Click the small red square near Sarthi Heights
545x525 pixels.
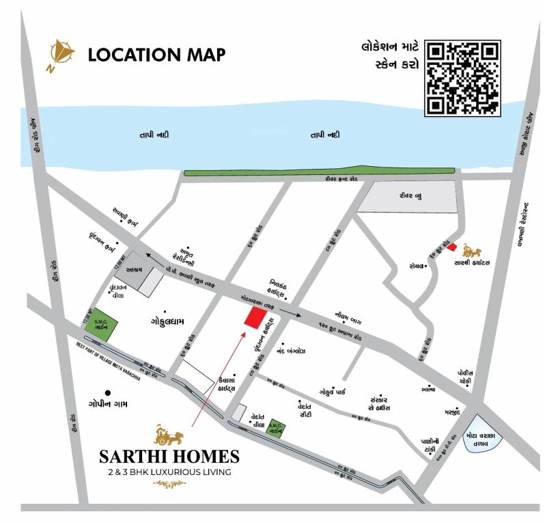[451, 246]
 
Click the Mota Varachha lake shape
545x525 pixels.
[486, 434]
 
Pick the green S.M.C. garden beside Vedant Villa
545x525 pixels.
[276, 428]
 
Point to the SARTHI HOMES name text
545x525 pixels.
[169, 456]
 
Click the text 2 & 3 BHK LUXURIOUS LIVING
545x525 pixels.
[169, 472]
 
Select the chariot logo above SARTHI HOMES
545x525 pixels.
[168, 434]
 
